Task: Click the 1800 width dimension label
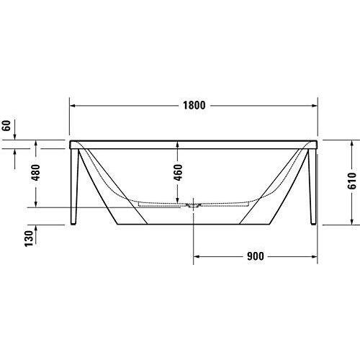194,105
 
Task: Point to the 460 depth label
177,172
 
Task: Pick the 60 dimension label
6,126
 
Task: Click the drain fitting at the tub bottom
193,205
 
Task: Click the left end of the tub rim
71,145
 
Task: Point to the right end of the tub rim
317,145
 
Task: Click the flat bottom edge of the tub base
193,243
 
